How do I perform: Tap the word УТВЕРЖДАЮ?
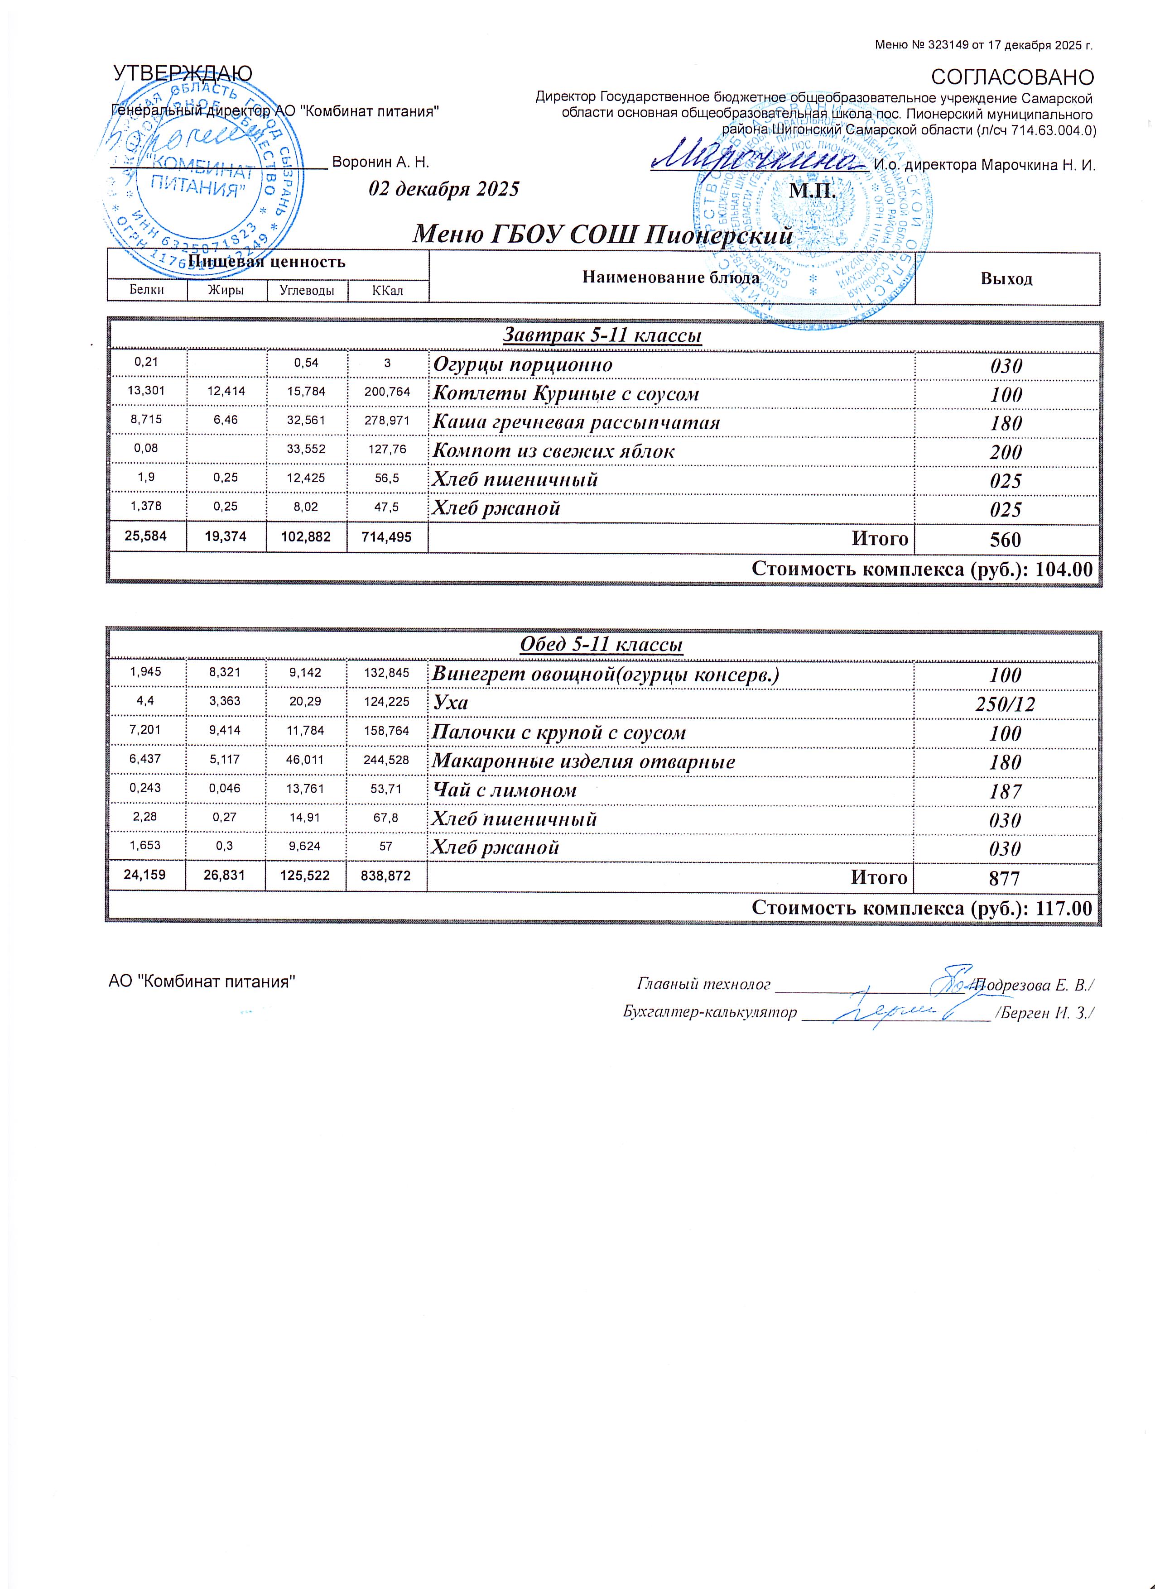(x=183, y=73)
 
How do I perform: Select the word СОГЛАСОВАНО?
(x=1012, y=78)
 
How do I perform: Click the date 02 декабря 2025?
(x=443, y=189)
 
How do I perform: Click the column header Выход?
(x=1006, y=279)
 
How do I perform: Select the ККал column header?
(x=388, y=290)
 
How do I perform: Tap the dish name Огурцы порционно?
(x=523, y=365)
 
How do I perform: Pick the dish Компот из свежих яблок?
(x=553, y=451)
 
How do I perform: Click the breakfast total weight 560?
(x=1006, y=540)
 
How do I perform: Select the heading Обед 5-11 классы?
(x=602, y=645)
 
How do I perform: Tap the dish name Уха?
(x=450, y=703)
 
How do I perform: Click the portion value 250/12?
(x=1005, y=704)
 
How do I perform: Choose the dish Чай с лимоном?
(x=504, y=790)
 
